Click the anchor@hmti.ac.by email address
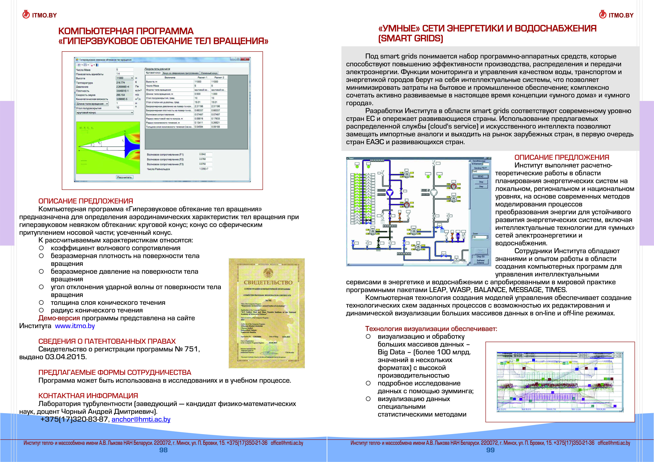(141, 419)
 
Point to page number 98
(163, 450)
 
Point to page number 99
(490, 450)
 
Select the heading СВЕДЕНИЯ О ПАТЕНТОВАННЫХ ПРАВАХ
(107, 341)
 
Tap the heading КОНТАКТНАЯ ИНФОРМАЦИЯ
(88, 396)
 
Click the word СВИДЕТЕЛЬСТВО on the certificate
(268, 282)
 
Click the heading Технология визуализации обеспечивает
(431, 329)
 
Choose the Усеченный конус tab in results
(209, 73)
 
